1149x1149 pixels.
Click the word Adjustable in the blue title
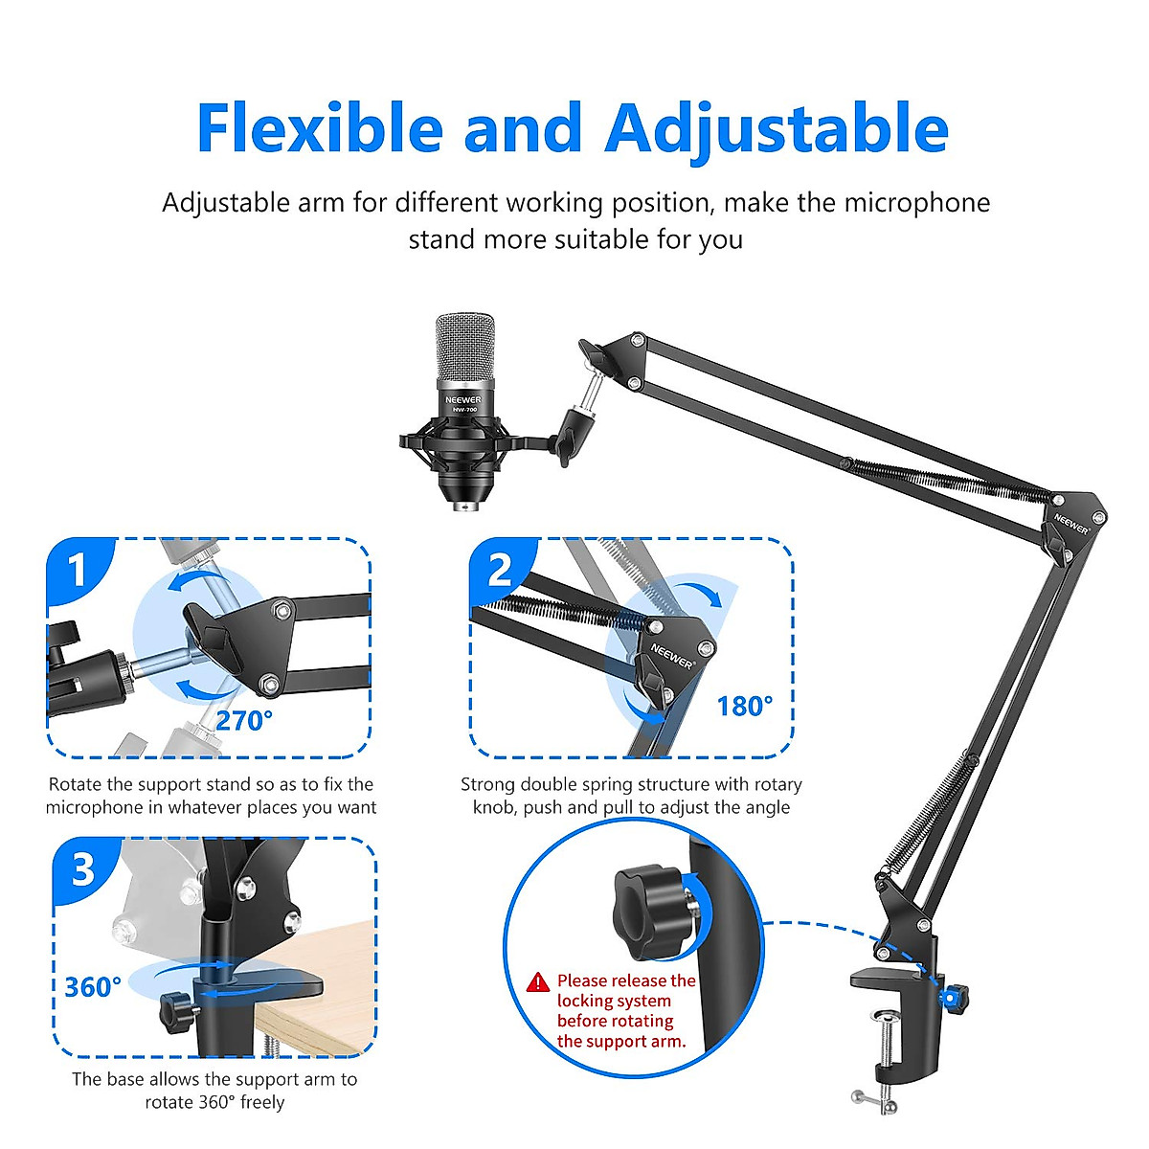[777, 130]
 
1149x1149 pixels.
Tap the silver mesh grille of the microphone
[466, 349]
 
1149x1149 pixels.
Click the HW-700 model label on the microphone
[464, 410]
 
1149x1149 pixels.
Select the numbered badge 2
[500, 571]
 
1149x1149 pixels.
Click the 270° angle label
[243, 721]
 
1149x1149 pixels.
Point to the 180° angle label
[744, 707]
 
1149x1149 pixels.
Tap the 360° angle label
[93, 987]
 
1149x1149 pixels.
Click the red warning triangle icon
[538, 982]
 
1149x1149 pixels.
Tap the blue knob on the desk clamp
[953, 998]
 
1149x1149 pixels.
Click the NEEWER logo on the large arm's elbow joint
[1072, 523]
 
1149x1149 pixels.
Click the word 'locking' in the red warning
[585, 1002]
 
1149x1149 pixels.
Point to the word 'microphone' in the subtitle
[916, 203]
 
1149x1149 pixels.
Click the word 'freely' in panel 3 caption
[262, 1102]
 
